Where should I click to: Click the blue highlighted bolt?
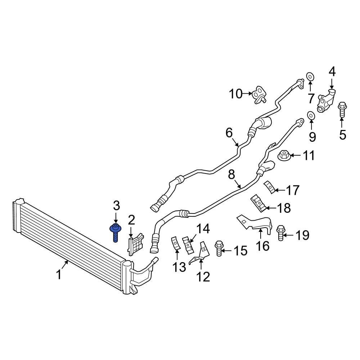pos(116,232)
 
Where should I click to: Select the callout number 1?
pos(59,275)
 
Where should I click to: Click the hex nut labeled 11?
pos(284,156)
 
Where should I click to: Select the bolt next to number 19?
pos(280,233)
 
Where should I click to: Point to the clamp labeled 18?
pos(258,203)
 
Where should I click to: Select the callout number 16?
pos(263,246)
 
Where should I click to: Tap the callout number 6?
pos(229,133)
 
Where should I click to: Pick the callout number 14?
pos(202,228)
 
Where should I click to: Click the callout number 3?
pos(116,206)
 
